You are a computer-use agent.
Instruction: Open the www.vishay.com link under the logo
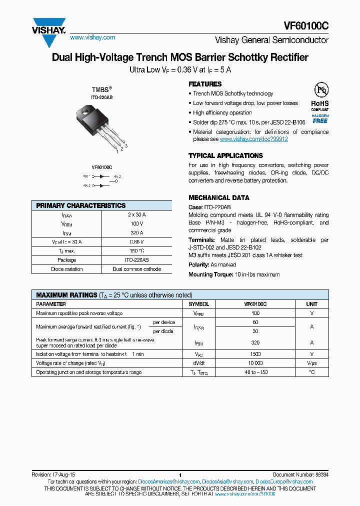[92, 37]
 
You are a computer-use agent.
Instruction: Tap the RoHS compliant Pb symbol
[320, 91]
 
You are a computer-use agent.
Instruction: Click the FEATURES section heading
[205, 84]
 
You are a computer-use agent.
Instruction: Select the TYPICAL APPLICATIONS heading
[225, 155]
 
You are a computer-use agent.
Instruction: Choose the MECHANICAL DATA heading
[218, 197]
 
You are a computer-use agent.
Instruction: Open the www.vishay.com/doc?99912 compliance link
[253, 139]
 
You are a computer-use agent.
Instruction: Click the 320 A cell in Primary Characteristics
[136, 233]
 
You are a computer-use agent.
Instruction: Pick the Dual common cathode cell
[136, 269]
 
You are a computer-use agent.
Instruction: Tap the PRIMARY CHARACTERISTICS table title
[81, 205]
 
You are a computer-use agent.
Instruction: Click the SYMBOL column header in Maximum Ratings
[198, 304]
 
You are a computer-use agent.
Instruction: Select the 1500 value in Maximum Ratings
[255, 354]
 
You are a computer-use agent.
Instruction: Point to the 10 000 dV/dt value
[255, 363]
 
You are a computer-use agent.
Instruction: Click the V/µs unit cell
[311, 363]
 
